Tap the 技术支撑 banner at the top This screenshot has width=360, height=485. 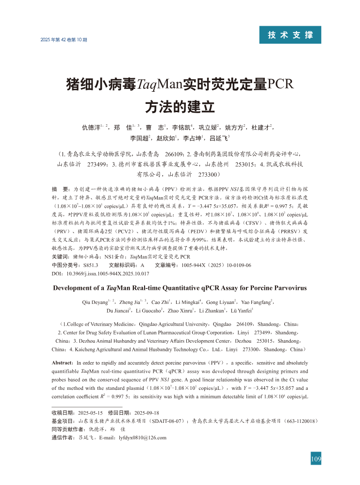click(x=291, y=35)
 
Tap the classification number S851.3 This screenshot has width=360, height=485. click(x=90, y=265)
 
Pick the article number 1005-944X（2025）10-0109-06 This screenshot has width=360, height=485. click(x=216, y=265)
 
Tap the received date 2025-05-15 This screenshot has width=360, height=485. click(x=88, y=412)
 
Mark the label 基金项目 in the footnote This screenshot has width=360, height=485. click(x=63, y=420)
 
